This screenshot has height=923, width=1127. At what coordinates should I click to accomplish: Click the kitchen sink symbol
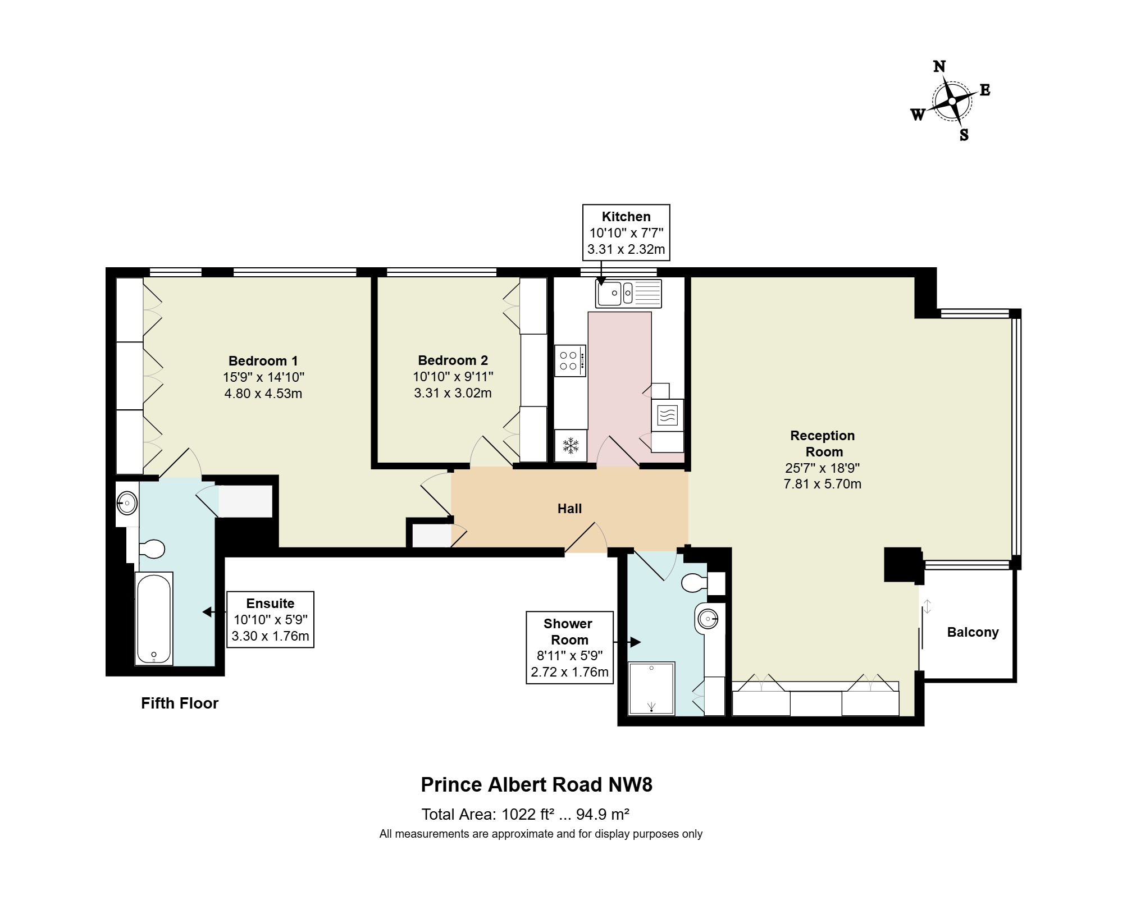click(x=628, y=293)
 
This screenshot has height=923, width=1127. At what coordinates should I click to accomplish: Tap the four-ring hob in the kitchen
click(x=571, y=360)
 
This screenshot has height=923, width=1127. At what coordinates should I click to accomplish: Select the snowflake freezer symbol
click(x=571, y=446)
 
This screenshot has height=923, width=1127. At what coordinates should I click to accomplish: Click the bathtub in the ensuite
click(x=154, y=618)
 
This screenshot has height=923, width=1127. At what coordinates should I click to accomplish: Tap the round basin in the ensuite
click(x=127, y=503)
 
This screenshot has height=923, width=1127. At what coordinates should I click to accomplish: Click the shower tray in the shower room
click(x=651, y=688)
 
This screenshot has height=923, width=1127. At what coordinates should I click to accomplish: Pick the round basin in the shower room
click(x=709, y=619)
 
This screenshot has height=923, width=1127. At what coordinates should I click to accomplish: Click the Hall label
click(x=569, y=509)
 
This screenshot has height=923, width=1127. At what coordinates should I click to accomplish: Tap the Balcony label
click(x=973, y=632)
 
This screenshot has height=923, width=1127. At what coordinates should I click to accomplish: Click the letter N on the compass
click(x=939, y=66)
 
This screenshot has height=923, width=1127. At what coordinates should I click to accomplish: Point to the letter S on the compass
click(x=964, y=135)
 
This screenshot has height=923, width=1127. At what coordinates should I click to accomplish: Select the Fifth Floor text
click(x=180, y=703)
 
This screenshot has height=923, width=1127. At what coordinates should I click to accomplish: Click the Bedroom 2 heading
click(x=453, y=360)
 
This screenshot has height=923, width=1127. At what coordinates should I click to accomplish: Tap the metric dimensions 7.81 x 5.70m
click(x=822, y=484)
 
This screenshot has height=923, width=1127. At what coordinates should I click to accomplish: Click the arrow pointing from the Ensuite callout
click(x=215, y=612)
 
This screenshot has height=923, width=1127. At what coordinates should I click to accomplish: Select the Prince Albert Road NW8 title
click(x=537, y=784)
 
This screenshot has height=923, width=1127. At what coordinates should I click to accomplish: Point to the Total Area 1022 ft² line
click(x=525, y=814)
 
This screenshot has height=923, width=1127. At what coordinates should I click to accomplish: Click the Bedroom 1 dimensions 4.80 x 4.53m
click(x=263, y=394)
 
